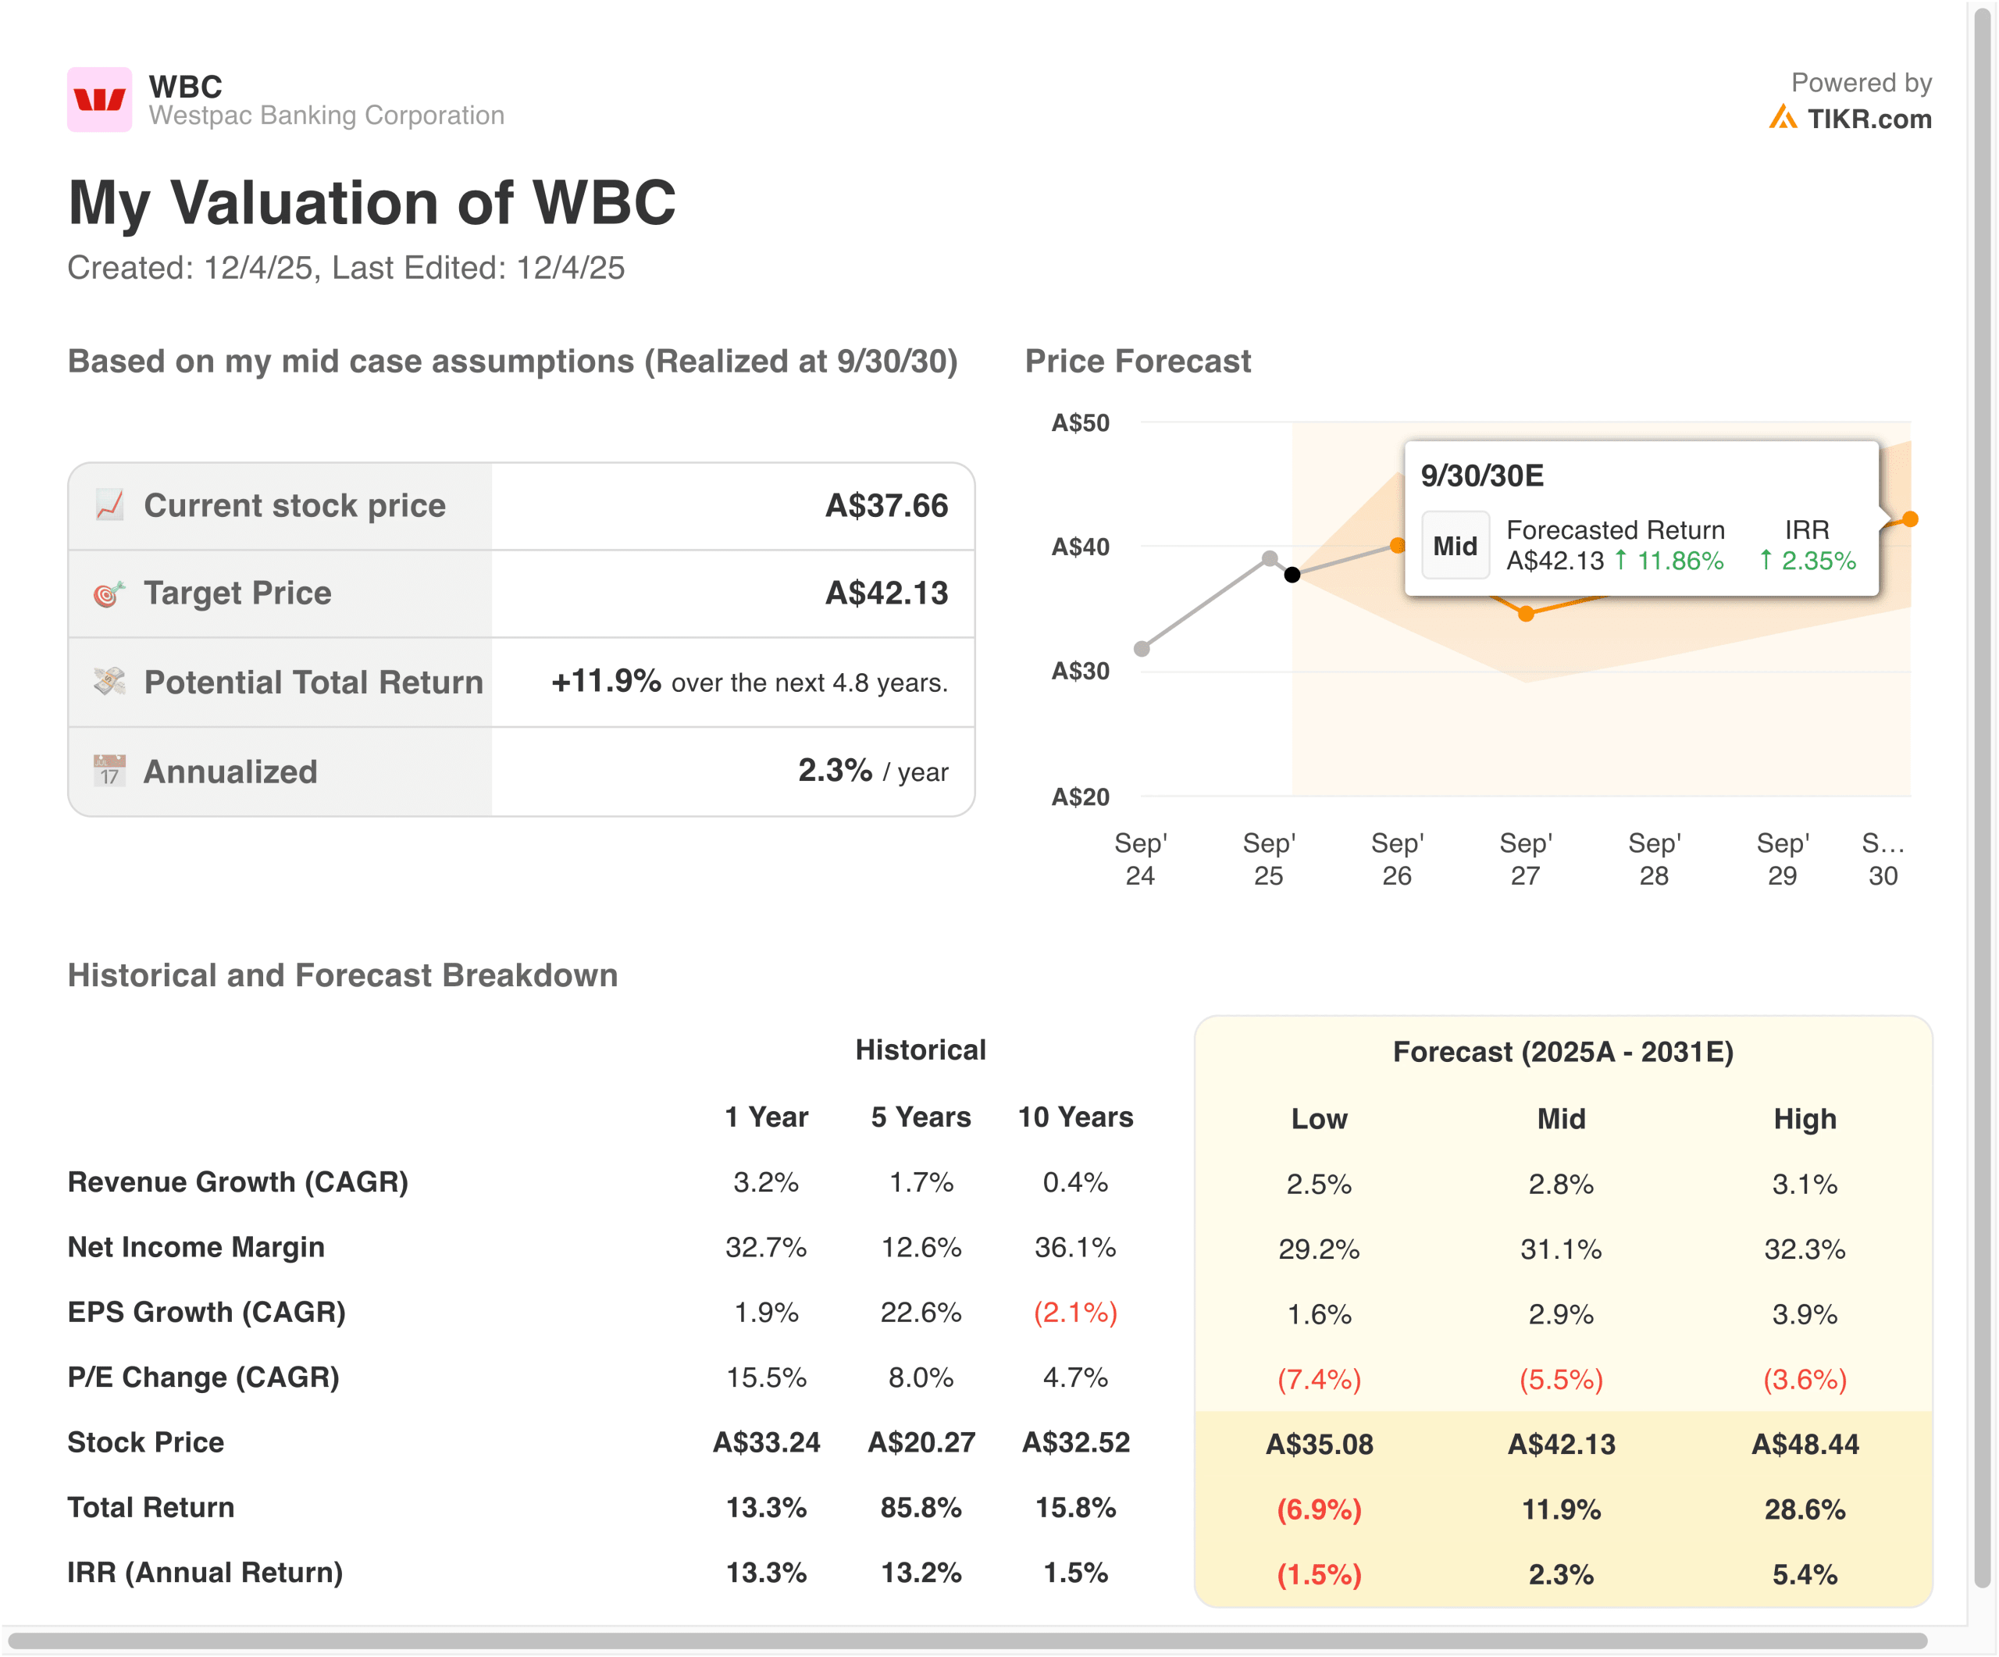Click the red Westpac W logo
coord(99,99)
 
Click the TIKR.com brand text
coord(1869,119)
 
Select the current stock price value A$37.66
coord(885,505)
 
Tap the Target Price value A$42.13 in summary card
coord(885,593)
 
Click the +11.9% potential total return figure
coord(605,682)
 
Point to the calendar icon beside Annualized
coord(109,771)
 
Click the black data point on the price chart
coord(1292,575)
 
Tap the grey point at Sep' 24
coord(1142,649)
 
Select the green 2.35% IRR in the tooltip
coord(1817,561)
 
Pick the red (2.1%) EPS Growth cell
coord(1074,1313)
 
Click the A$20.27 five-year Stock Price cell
coord(921,1442)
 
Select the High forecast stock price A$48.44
coord(1804,1444)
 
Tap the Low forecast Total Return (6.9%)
coord(1318,1509)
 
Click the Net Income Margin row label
coord(196,1247)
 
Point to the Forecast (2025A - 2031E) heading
coord(1562,1052)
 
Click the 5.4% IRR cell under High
coord(1804,1574)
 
